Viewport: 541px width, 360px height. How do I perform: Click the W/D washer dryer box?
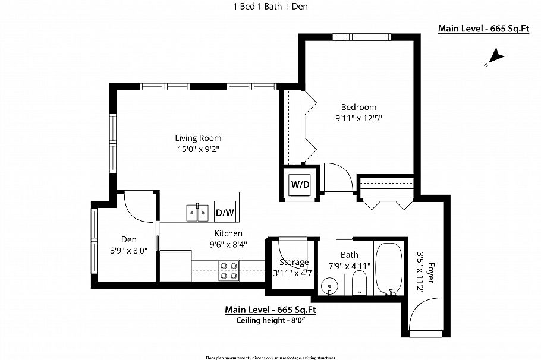tap(300, 184)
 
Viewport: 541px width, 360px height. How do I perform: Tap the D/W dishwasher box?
tap(224, 212)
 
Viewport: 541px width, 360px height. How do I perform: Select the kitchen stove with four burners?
tap(229, 270)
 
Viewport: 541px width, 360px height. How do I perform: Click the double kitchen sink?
tap(197, 211)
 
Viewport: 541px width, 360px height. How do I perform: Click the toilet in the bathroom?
tap(360, 283)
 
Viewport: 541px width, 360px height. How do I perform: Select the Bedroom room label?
tap(358, 107)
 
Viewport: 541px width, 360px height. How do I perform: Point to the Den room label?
tap(129, 239)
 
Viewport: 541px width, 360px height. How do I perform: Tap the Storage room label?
tap(294, 262)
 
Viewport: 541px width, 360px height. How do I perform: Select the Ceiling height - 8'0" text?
tap(270, 321)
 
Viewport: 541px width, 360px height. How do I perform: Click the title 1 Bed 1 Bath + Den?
tap(270, 7)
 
